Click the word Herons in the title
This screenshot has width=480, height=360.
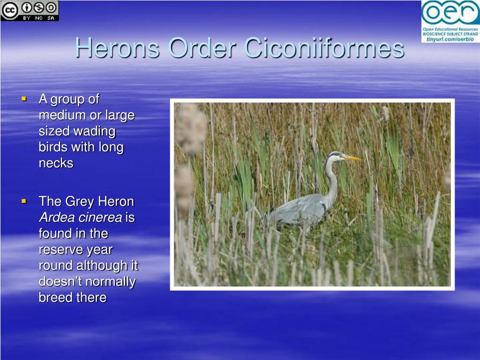coord(118,48)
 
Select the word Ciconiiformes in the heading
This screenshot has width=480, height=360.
coord(324,48)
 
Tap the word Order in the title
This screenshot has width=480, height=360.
coord(202,48)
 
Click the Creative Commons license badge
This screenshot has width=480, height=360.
coord(30,11)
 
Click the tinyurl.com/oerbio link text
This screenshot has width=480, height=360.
coord(450,39)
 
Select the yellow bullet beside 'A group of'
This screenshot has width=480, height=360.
coord(24,98)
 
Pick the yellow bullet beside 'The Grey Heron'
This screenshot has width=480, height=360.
coord(24,201)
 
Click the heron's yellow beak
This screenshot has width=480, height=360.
coord(352,158)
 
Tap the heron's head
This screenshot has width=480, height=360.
coord(336,157)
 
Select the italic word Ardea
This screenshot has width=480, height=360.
coord(57,217)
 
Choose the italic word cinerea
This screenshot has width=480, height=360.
coord(100,217)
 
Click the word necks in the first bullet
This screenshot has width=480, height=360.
coord(56,163)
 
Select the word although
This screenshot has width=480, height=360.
coord(102,266)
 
